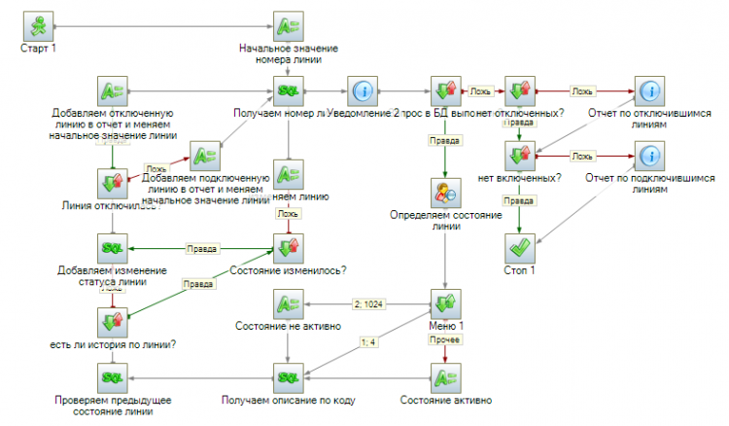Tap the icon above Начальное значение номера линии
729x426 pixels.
click(289, 26)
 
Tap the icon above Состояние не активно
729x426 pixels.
click(289, 304)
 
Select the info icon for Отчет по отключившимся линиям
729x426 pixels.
click(648, 92)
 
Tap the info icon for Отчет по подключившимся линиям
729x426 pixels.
click(648, 157)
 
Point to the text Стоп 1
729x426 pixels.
click(521, 269)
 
